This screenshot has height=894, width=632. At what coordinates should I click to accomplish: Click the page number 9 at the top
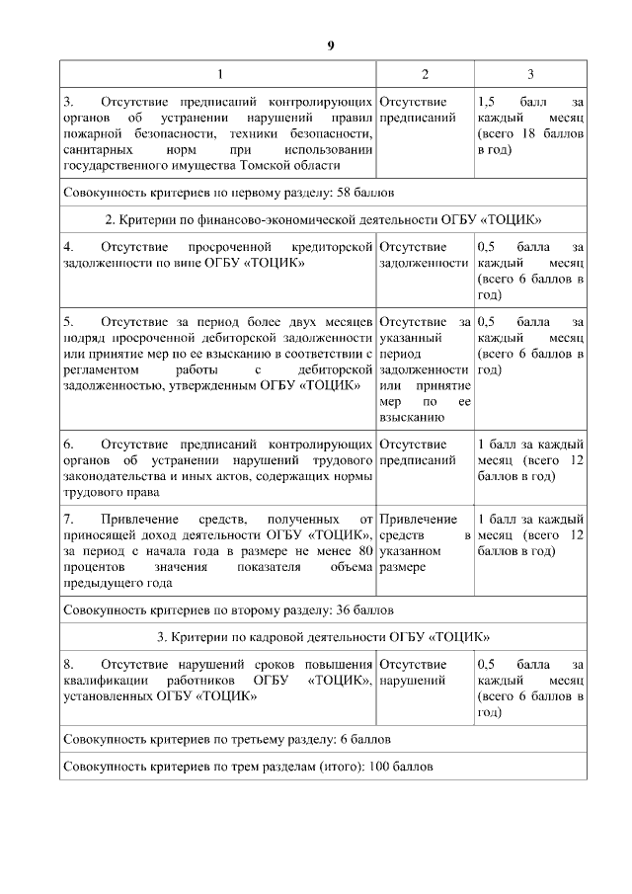pyautogui.click(x=331, y=46)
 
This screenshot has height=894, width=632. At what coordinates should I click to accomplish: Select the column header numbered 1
pyautogui.click(x=219, y=75)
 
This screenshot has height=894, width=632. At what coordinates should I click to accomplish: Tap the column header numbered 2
pyautogui.click(x=425, y=75)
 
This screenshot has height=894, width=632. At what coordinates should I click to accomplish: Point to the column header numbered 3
pyautogui.click(x=530, y=75)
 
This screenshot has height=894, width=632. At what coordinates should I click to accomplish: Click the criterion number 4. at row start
pyautogui.click(x=67, y=246)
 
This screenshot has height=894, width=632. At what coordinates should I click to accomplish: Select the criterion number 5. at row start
pyautogui.click(x=67, y=321)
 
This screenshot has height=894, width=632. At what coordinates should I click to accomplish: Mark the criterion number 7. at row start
pyautogui.click(x=67, y=519)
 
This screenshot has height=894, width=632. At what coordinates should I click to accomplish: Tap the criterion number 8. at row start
pyautogui.click(x=67, y=663)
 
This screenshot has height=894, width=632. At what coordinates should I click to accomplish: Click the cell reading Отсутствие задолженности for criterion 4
pyautogui.click(x=424, y=254)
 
